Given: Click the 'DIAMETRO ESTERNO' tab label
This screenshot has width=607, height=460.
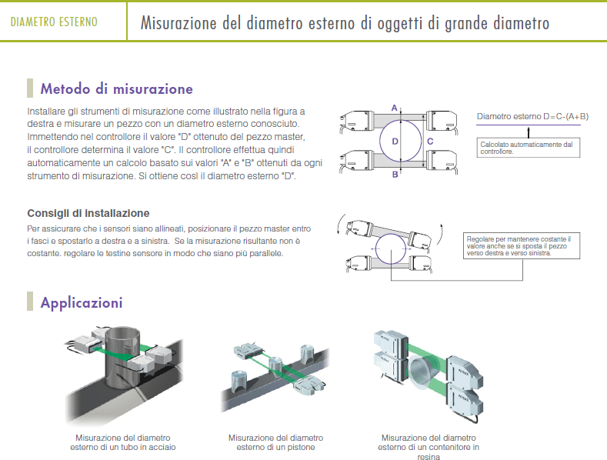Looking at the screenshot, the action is (x=54, y=22).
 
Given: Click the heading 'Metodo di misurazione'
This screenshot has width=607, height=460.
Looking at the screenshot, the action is (x=116, y=88).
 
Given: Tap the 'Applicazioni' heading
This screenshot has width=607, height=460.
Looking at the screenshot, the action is (x=82, y=302).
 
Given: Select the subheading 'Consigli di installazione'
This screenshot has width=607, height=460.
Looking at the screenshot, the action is (x=88, y=213).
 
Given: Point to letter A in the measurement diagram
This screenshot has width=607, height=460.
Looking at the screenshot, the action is (x=395, y=108).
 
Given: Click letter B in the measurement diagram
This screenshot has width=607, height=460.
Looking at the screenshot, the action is (x=395, y=175).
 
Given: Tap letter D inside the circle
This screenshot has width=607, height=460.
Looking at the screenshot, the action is (x=395, y=142).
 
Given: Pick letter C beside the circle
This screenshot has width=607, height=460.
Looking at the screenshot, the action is (x=430, y=142).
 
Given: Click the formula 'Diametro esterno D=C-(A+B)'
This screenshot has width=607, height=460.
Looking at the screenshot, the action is (x=532, y=116).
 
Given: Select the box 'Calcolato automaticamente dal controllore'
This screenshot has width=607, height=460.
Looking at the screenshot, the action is (x=529, y=148).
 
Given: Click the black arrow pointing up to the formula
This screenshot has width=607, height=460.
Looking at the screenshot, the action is (x=529, y=132).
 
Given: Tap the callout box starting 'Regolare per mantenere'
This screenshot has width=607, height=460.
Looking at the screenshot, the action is (x=522, y=246).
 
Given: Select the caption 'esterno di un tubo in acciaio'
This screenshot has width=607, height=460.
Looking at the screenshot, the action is (x=123, y=447).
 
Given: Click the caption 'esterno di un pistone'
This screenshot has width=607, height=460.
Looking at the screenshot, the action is (x=275, y=447).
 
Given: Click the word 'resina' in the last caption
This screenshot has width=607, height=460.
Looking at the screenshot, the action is (x=429, y=456).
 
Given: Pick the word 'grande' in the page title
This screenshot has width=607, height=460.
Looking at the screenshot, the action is (x=466, y=23).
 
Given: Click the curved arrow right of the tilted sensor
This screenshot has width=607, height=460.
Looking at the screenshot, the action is (x=441, y=234).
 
